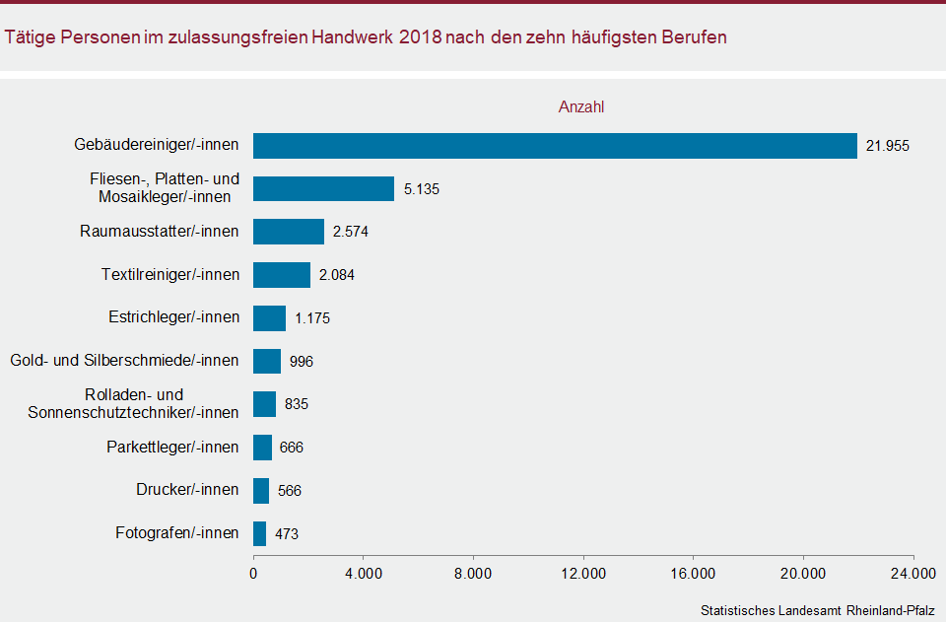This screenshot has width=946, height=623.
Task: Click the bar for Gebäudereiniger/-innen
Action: click(555, 146)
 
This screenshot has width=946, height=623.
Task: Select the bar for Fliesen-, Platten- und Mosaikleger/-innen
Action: click(323, 188)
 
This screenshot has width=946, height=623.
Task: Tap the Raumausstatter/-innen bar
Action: click(289, 232)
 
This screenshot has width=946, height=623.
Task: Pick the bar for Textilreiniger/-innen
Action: click(282, 275)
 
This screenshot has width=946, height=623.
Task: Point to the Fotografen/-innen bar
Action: click(260, 533)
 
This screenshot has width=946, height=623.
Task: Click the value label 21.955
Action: click(887, 146)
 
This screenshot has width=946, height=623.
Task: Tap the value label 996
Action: click(302, 362)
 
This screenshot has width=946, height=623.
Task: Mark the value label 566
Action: click(290, 491)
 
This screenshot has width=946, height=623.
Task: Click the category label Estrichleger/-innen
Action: click(173, 317)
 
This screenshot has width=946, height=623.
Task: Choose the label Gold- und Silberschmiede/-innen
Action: click(123, 361)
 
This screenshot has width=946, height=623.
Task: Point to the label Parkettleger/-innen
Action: click(172, 448)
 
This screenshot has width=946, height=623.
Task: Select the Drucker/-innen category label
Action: click(187, 490)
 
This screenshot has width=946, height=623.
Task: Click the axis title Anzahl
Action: click(581, 106)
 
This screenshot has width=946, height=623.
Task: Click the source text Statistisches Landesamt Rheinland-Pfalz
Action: click(818, 610)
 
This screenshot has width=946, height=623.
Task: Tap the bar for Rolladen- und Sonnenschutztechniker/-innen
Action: click(264, 404)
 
